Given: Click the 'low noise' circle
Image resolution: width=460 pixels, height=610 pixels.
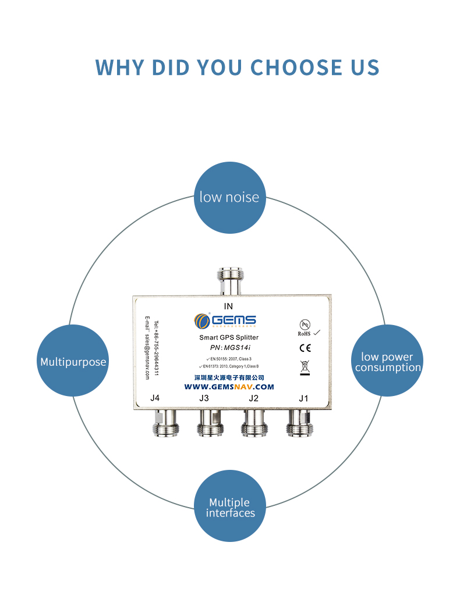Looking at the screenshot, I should point(229,197).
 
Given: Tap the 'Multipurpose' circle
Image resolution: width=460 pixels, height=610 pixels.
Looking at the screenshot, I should point(73,362).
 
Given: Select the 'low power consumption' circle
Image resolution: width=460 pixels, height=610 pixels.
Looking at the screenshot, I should point(387,361).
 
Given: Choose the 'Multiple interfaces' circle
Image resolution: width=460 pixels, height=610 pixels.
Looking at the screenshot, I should point(230,506).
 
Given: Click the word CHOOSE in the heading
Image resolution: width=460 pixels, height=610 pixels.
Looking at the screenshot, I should point(288,67).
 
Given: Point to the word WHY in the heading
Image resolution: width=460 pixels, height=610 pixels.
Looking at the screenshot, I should point(120,67).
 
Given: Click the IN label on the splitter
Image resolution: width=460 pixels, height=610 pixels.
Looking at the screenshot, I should point(228,306).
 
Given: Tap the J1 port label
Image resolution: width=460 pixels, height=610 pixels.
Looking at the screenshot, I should point(303,398).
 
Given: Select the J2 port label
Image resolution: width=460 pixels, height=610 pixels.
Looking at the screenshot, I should point(253,398).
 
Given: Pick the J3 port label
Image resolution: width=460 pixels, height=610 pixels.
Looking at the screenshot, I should point(204,398).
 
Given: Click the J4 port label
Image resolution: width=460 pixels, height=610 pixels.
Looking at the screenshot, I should point(154,398).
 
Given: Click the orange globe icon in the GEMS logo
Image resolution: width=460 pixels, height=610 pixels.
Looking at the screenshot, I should point(202,320).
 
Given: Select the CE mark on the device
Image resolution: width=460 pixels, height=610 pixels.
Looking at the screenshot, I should point(305,348).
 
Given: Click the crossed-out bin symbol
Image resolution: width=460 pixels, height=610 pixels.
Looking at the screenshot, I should point(305,367).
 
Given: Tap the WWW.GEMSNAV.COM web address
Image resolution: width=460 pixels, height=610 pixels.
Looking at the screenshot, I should point(229,387).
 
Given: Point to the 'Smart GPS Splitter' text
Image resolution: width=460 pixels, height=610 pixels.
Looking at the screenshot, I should point(229,337).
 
